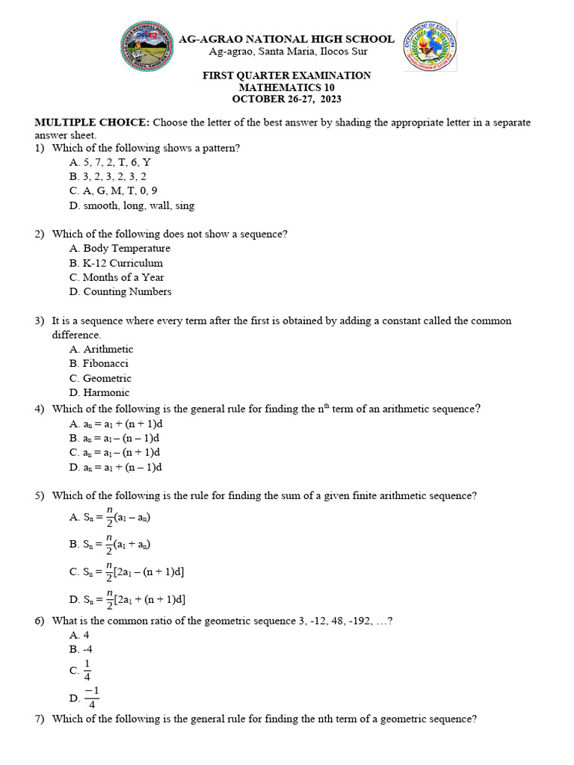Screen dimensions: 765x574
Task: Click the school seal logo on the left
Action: tap(147, 47)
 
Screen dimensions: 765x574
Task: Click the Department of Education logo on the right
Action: tap(430, 46)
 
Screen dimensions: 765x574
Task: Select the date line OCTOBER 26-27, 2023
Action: tap(286, 99)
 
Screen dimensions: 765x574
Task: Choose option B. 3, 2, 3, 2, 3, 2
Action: tap(108, 177)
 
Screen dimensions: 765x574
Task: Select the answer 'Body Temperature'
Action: tap(120, 249)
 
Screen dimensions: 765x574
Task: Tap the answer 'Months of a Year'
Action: tap(117, 277)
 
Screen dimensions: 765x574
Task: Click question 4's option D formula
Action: tap(116, 468)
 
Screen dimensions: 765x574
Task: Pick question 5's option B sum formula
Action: tap(112, 545)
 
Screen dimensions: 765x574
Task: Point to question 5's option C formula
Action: tap(127, 572)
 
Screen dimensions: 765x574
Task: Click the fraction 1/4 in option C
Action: tap(87, 670)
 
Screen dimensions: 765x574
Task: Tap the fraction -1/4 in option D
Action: tap(91, 697)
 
